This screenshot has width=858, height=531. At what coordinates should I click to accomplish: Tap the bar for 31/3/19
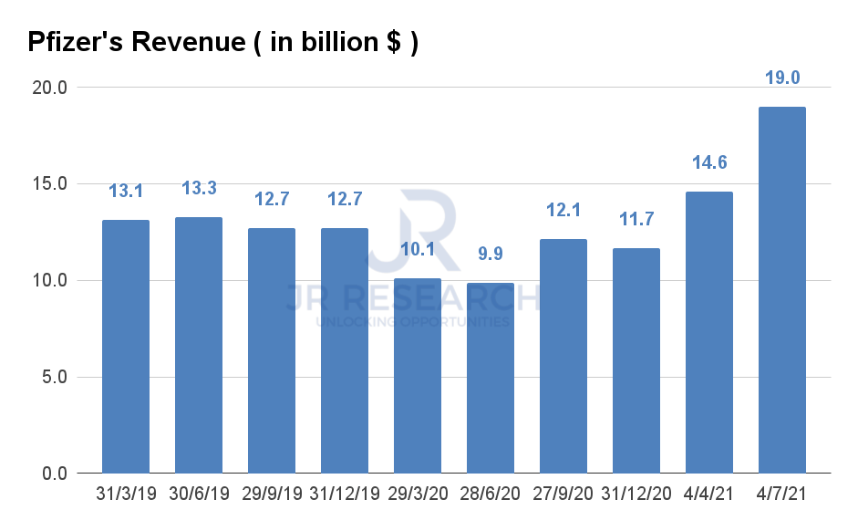[126, 347]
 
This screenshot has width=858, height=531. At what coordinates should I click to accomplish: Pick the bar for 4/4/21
[708, 332]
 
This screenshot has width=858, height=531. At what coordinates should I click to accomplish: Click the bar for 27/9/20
[563, 356]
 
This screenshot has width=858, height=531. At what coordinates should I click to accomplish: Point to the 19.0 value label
[781, 78]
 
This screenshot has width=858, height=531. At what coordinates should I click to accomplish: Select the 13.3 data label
[199, 188]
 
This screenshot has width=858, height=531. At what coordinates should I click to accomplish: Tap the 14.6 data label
[708, 163]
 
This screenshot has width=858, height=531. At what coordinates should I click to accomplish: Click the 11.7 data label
[636, 219]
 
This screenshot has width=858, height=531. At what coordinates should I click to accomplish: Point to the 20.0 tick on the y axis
[49, 88]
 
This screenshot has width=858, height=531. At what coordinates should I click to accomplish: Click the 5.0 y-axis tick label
[54, 378]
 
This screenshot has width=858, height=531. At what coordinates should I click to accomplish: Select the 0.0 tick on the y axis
[54, 474]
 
